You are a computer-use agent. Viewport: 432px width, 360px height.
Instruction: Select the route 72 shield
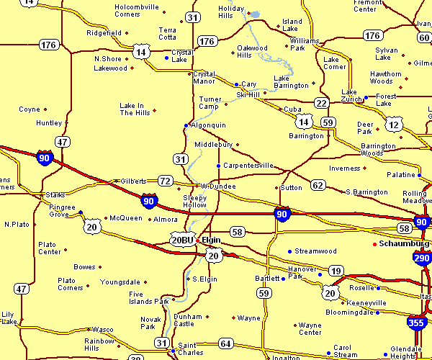pos(166,181)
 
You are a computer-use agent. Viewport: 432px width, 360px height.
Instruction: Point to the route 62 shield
pos(318,185)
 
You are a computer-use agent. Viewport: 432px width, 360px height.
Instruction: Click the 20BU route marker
pos(182,240)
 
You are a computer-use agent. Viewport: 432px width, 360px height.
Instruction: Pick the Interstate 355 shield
pos(415,324)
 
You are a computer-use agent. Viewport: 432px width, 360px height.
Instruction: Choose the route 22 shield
pos(321,103)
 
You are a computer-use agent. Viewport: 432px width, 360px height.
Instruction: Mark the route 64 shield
pos(226,343)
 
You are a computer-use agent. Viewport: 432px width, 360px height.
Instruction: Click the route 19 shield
pos(335,271)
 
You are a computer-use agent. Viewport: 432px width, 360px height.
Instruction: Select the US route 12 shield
pos(393,125)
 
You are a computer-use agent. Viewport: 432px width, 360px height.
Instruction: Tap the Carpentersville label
pos(248,166)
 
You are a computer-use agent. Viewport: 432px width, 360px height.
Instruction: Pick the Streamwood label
pos(315,251)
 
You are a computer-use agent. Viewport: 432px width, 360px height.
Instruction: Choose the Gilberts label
pos(133,181)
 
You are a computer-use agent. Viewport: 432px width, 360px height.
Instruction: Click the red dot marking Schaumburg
pos(374,244)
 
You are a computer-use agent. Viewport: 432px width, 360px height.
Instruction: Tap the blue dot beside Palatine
pos(419,175)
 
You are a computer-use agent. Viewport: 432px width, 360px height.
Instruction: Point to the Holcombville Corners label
pos(137,11)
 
